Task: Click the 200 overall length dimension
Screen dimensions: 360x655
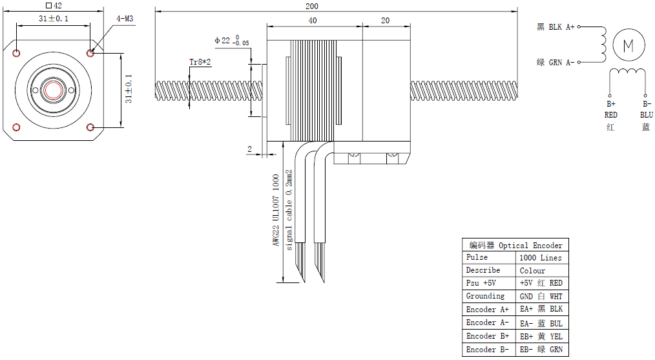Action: [312, 6]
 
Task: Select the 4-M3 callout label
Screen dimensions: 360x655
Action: [125, 19]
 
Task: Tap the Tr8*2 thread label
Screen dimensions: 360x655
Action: [200, 62]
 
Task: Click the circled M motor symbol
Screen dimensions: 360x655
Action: [628, 45]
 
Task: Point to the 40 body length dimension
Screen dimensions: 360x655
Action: [313, 21]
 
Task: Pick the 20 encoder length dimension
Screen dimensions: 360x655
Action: [385, 21]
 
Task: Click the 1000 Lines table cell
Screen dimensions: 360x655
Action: [541, 258]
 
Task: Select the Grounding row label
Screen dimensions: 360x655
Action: [485, 297]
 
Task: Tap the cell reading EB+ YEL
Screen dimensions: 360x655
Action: [541, 336]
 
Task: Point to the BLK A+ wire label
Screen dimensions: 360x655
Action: [556, 27]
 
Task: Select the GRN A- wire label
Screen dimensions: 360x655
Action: [556, 63]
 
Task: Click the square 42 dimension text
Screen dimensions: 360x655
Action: [54, 5]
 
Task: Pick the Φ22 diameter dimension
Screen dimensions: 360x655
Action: [229, 41]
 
